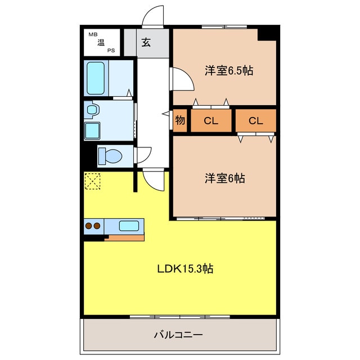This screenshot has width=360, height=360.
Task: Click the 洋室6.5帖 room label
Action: [228, 71]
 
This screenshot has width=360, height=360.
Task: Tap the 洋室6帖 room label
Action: [224, 178]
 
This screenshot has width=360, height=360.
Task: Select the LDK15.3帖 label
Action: [184, 268]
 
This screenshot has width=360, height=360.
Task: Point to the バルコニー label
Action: [178, 335]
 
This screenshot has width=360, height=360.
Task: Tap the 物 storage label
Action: [180, 120]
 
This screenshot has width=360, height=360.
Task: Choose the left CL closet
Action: [211, 121]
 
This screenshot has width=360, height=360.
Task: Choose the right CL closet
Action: [256, 121]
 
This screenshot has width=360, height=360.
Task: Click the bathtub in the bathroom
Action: [96, 78]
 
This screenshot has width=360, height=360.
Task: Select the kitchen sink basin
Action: [129, 226]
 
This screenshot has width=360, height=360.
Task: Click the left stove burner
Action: [88, 226]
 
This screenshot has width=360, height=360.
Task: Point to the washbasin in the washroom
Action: [92, 110]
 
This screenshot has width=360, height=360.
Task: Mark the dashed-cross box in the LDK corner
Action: [92, 181]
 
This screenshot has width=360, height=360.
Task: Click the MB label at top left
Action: [92, 35]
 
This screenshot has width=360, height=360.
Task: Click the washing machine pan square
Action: [93, 131]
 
